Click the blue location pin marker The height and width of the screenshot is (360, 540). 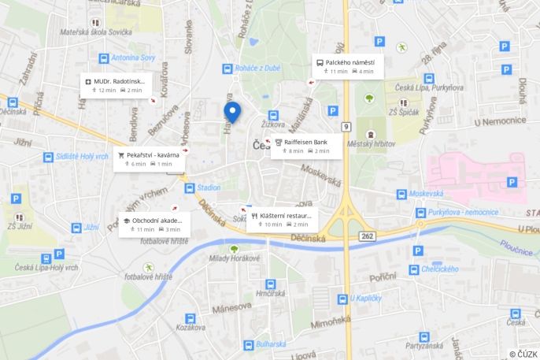coord(232,112)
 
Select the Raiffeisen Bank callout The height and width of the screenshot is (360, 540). coord(306,146)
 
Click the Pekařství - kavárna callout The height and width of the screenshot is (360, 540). coord(150,158)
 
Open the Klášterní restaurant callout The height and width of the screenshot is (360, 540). coord(281,219)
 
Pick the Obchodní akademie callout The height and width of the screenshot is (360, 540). coord(153,224)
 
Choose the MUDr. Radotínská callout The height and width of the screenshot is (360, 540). coord(115,85)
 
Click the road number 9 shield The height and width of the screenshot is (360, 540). coord(346,126)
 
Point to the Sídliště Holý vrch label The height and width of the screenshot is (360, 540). coord(82,156)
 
